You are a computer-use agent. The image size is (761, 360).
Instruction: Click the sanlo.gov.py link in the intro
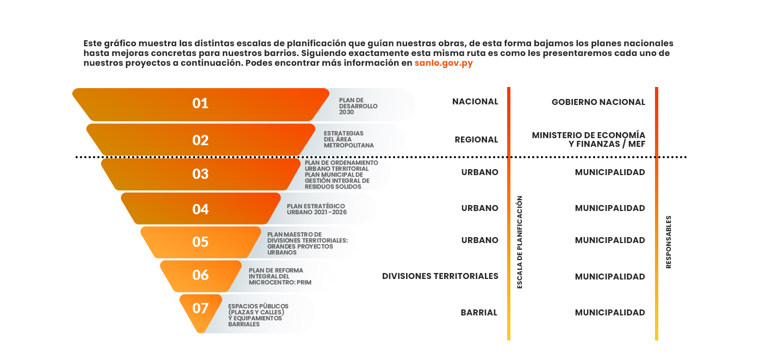point(444,63)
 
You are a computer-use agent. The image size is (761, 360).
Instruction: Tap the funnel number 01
point(200,103)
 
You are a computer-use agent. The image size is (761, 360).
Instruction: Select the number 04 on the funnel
point(200,209)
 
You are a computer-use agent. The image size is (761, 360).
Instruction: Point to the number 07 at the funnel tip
point(200,308)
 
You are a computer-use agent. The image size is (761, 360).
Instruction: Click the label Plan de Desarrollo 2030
point(358,106)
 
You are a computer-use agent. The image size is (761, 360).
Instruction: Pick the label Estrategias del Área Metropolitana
point(348,139)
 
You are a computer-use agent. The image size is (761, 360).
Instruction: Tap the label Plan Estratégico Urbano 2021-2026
point(316,209)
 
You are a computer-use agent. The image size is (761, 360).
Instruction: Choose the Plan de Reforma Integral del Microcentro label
point(280,276)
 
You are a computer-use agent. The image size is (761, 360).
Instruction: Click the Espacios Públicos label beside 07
point(258,315)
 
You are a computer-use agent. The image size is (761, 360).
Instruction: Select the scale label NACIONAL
point(475,102)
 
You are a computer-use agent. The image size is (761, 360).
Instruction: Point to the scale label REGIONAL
point(476,140)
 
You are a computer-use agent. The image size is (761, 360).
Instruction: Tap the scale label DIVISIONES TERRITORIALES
point(440,276)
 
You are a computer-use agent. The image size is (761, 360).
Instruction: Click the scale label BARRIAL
point(479,312)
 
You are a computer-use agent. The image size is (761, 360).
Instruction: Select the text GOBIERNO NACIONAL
point(598,102)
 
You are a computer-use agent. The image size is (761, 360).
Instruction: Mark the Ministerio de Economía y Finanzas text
point(588,140)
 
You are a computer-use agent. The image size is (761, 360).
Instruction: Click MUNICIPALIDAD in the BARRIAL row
point(610,312)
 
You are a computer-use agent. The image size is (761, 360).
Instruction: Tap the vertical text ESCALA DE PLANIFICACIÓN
point(520,242)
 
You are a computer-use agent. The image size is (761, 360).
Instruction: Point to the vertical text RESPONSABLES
point(669,242)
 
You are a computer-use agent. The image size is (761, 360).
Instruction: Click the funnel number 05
point(200,242)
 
